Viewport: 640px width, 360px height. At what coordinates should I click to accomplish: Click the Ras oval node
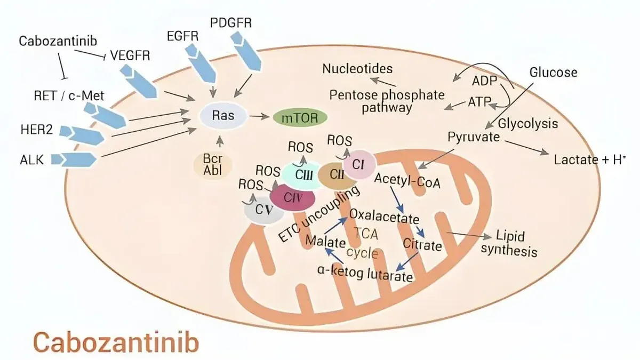click(x=223, y=116)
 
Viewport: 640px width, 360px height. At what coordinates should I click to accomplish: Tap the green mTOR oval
click(x=300, y=118)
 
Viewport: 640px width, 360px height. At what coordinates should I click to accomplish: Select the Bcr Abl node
click(x=213, y=165)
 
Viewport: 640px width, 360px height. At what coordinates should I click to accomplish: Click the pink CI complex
click(x=359, y=164)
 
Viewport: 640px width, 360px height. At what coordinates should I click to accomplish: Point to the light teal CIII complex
click(x=303, y=175)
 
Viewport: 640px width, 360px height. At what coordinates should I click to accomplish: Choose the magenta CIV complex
click(x=293, y=197)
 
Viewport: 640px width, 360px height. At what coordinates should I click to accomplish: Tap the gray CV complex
click(x=263, y=210)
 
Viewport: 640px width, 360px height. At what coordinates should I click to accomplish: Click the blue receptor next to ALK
click(x=74, y=159)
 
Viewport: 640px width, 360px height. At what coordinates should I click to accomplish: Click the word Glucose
click(x=553, y=73)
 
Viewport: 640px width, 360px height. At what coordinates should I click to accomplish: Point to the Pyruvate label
click(x=474, y=137)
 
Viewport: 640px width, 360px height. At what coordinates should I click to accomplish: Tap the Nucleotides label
click(x=357, y=69)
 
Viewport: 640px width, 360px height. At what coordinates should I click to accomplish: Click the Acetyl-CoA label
click(x=407, y=181)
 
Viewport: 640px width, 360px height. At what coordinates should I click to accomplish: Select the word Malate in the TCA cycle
click(x=325, y=242)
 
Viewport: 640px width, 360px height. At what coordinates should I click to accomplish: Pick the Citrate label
click(x=422, y=245)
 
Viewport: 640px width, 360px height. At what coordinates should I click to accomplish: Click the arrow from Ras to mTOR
click(x=259, y=116)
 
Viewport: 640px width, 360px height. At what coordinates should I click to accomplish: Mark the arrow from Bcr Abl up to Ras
click(x=219, y=141)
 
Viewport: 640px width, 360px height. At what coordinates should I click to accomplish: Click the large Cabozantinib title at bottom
click(x=116, y=342)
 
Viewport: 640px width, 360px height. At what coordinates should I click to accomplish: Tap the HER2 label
click(x=37, y=130)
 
